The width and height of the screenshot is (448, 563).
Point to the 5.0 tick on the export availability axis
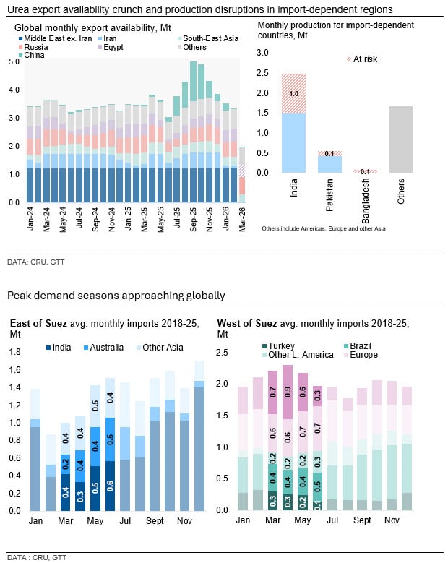pos(13,62)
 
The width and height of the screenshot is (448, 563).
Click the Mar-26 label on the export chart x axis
pos(243,218)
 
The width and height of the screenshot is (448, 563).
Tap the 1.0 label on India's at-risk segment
pos(293,93)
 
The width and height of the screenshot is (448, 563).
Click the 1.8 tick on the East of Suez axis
pos(14,353)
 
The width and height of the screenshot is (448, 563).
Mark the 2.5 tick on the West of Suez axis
pos(223,353)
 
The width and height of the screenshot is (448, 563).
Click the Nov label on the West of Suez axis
pos(392,520)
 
